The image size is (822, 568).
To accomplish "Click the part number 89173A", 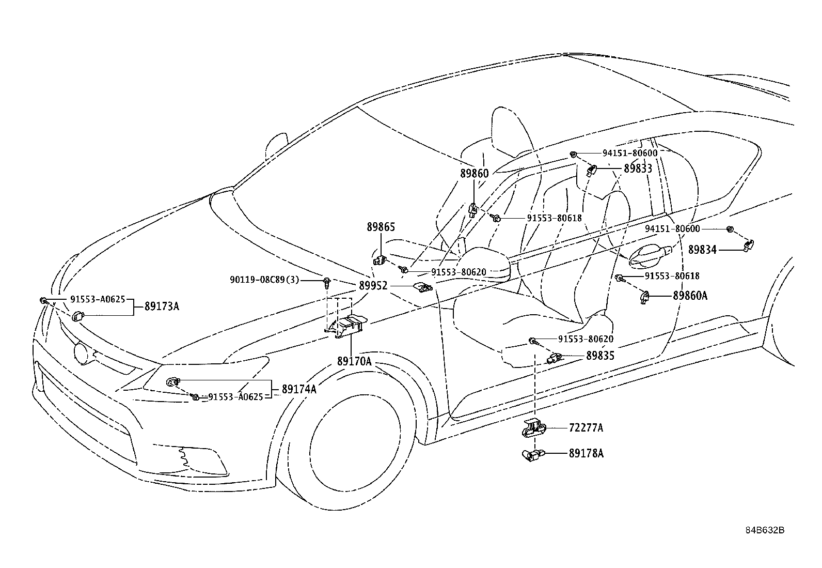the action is [x=162, y=306].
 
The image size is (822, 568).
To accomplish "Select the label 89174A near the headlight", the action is [x=299, y=389].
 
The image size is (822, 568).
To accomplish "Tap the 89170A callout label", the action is [x=355, y=361].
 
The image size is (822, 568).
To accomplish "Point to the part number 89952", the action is [x=373, y=285].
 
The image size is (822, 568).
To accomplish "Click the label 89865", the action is [x=381, y=227].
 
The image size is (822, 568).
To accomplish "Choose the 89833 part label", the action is [x=638, y=168].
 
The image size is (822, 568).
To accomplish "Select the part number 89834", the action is [x=702, y=250].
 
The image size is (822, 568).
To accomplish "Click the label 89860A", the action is [x=690, y=296].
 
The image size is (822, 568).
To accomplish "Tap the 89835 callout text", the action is [x=600, y=356].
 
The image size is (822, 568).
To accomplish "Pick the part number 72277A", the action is [x=586, y=427].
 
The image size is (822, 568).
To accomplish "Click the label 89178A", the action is [x=586, y=453].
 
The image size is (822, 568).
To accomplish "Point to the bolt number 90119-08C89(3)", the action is [x=264, y=280].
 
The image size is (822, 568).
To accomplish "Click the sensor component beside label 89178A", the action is [x=533, y=455].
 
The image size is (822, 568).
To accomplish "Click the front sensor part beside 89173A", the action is [x=78, y=316].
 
